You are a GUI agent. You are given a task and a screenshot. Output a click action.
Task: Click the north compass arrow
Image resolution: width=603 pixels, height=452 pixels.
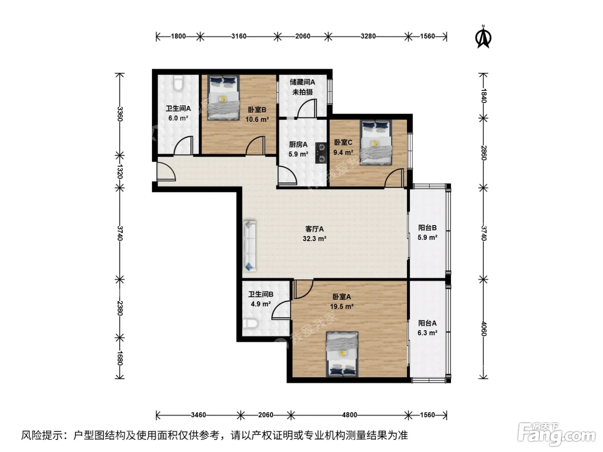(483, 37)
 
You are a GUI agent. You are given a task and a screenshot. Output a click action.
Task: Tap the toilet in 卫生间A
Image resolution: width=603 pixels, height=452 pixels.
(178, 83)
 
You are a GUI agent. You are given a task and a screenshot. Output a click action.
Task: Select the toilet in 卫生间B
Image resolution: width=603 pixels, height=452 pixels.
(250, 323)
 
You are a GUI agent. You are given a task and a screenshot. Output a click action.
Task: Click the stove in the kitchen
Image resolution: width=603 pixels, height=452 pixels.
(321, 153)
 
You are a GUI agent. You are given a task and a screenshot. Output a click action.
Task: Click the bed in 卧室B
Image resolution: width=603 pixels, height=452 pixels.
(223, 98)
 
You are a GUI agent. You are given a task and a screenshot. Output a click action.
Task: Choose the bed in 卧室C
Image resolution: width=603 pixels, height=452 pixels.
(376, 143)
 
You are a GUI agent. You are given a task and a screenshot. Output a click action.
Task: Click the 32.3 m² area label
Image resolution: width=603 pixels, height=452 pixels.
(314, 239)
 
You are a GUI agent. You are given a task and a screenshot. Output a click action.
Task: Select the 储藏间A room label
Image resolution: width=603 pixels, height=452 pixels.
(302, 82)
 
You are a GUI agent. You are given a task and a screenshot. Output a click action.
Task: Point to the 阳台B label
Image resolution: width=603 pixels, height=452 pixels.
(427, 228)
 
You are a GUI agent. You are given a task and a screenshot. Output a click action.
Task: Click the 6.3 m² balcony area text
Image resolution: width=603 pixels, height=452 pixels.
(427, 333)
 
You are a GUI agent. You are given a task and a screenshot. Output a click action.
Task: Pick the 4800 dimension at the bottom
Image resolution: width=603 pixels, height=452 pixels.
(349, 415)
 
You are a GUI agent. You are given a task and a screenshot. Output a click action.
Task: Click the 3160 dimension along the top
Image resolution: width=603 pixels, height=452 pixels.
(239, 36)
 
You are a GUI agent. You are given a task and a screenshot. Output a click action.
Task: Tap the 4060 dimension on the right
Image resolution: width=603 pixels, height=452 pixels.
(484, 328)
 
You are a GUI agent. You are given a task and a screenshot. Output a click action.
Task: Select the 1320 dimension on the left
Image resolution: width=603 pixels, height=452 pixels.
(119, 171)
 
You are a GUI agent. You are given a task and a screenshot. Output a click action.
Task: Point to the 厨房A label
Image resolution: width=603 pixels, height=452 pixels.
(298, 144)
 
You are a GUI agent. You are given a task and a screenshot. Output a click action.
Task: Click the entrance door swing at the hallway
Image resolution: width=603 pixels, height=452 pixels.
(166, 171)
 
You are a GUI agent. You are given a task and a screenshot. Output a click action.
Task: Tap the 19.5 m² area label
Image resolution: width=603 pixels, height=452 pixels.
(342, 306)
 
